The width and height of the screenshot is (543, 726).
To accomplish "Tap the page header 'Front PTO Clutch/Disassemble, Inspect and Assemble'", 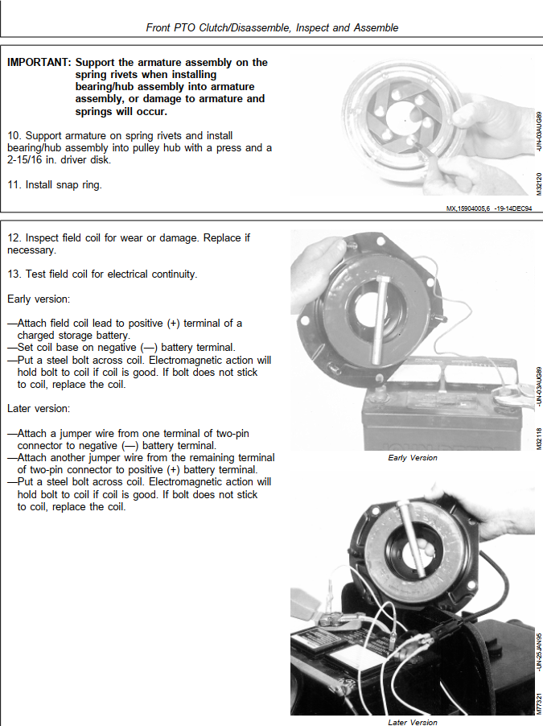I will point(272,27).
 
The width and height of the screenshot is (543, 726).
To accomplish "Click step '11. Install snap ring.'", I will point(55,184).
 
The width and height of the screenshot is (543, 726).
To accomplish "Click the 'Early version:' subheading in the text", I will point(39,299).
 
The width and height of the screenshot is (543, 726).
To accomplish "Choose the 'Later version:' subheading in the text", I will point(38,409).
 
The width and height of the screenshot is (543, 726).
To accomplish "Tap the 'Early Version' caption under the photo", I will point(413,458).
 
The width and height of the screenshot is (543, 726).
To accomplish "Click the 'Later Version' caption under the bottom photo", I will point(413,722).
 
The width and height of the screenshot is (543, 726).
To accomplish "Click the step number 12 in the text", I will point(14,238).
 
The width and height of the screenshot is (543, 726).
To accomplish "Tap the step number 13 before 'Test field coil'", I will point(14,274).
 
